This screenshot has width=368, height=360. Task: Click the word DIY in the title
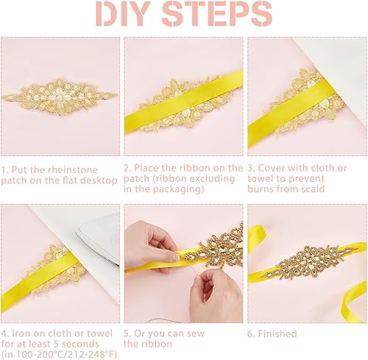point(123,14)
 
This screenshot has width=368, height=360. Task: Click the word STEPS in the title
point(217,14)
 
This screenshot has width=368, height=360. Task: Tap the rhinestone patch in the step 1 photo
point(60,97)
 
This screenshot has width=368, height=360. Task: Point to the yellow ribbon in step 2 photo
point(183,102)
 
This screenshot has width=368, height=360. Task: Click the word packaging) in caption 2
point(179,189)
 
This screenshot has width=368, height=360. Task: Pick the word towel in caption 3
point(260,179)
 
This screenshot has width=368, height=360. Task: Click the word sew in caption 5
point(196,333)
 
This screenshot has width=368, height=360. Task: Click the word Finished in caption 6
point(277,334)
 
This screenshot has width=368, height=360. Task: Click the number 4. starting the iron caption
point(5,333)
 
